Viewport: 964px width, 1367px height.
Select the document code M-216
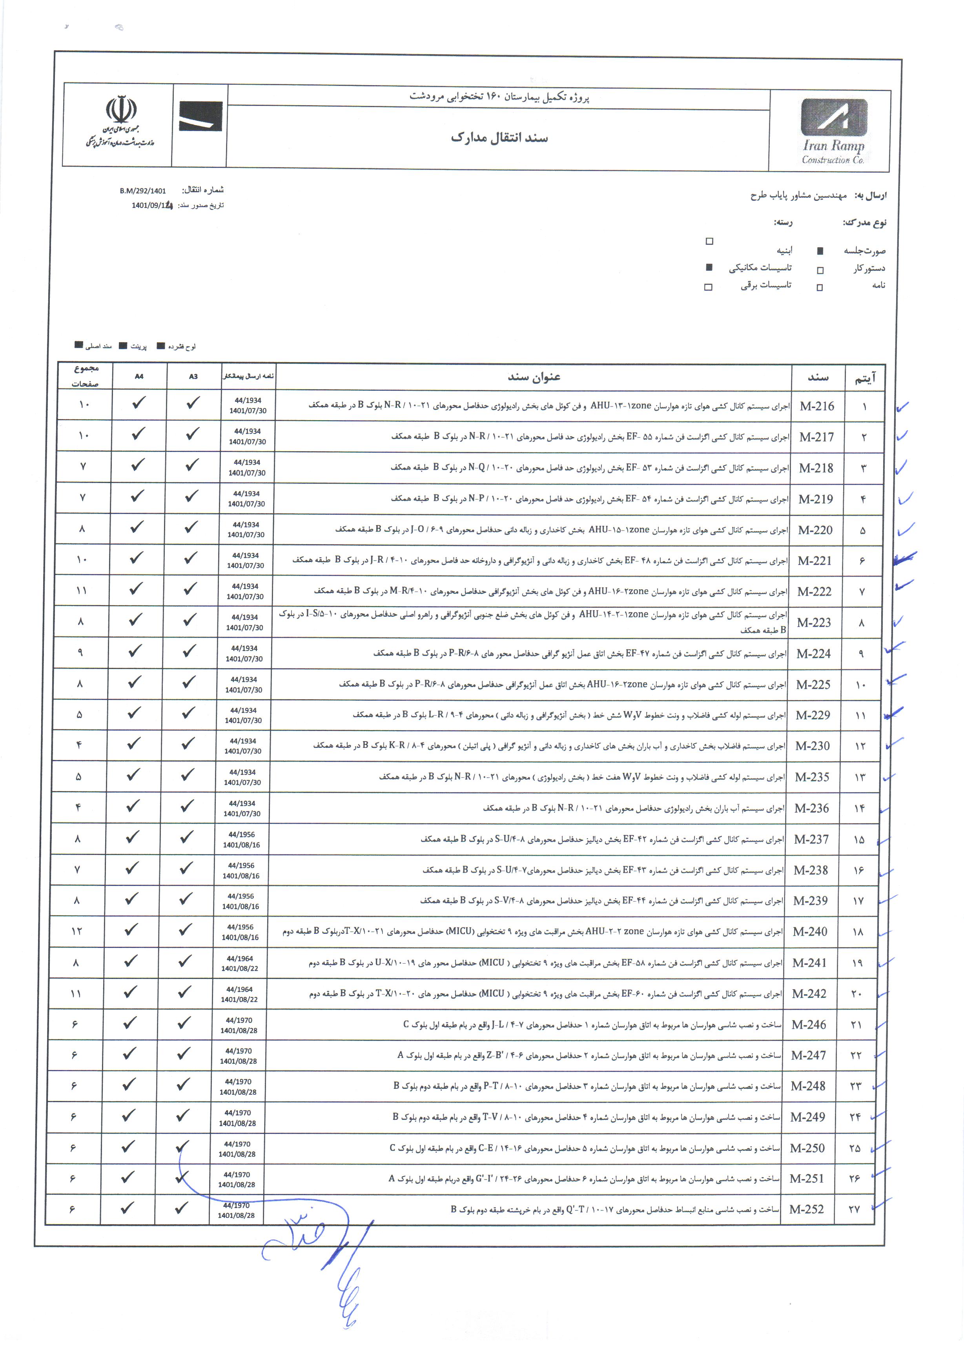pos(817,406)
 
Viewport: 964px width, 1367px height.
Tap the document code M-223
pos(814,623)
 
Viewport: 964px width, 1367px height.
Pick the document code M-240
pos(810,932)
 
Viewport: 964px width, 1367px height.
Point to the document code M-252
pos(806,1209)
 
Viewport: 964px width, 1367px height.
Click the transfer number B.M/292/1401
pos(143,191)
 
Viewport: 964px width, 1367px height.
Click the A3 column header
pos(193,376)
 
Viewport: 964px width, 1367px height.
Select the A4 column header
pos(139,376)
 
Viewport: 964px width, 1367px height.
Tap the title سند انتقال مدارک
pos(499,138)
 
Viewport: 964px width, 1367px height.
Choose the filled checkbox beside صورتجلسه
pos(820,251)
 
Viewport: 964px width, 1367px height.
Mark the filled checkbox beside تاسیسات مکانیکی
pos(709,267)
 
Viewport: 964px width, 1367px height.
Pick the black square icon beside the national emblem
pos(200,116)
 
